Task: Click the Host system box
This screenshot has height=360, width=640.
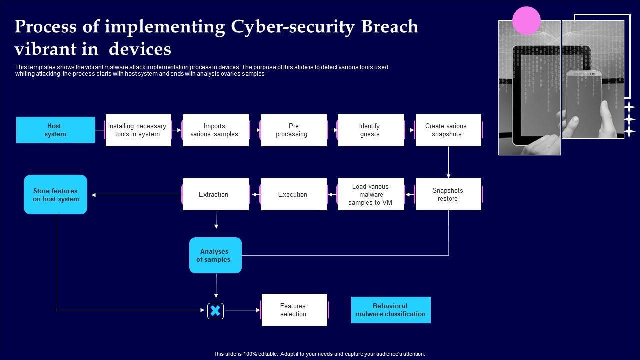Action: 55,130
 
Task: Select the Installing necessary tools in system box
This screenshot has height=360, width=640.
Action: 138,130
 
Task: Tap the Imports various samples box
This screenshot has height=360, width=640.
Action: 215,130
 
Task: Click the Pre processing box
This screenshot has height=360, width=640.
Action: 294,130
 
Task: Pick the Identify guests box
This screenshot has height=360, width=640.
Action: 370,130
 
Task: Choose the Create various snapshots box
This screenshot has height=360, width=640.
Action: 448,130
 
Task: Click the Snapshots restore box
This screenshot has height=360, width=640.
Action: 448,194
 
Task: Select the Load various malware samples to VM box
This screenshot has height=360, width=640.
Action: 370,194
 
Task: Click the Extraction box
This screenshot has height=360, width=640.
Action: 215,194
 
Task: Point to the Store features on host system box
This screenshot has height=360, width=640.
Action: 56,195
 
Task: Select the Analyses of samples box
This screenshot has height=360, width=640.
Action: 215,255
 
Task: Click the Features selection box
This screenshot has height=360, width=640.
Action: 294,310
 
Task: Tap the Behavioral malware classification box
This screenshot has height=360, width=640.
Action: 391,310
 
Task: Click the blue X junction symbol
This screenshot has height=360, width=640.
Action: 215,311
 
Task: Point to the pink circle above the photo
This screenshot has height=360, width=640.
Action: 526,20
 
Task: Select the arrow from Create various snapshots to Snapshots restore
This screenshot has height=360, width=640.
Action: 448,162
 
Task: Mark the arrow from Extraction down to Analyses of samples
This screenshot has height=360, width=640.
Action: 216,220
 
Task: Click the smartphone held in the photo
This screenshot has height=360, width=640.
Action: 583,102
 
